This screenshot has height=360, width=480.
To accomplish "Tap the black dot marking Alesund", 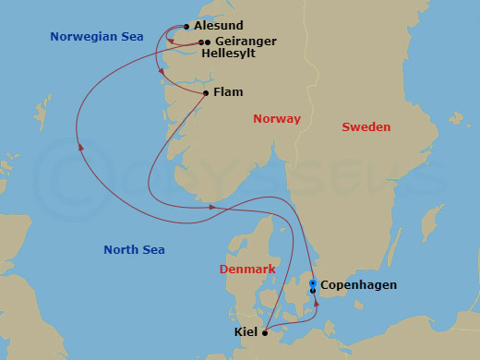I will click(x=186, y=27).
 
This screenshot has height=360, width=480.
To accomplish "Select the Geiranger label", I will click(x=245, y=42).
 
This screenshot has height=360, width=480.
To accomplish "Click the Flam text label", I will click(x=227, y=93).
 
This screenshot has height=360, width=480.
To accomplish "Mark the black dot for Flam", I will click(x=205, y=93).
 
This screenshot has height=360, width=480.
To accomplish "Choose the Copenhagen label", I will click(x=358, y=285).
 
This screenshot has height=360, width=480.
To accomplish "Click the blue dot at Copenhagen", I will click(x=313, y=282).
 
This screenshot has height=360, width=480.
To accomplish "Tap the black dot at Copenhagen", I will click(x=313, y=291).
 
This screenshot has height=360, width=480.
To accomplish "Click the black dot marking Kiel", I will click(x=265, y=332).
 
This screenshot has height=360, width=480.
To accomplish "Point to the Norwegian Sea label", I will click(x=96, y=37).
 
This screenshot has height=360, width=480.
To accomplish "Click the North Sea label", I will click(x=135, y=249).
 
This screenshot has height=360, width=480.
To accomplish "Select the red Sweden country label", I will click(x=366, y=126).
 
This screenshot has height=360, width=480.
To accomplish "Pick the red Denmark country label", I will click(x=247, y=269).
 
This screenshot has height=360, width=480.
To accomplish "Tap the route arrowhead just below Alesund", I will click(x=162, y=72).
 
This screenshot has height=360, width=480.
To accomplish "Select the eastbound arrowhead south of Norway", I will click(x=214, y=207).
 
